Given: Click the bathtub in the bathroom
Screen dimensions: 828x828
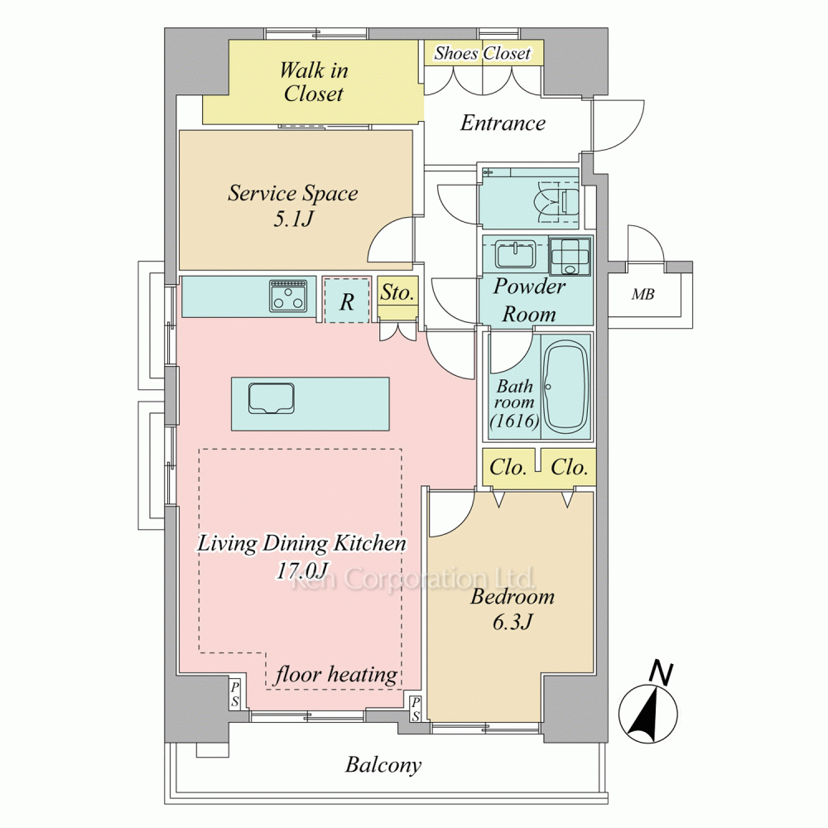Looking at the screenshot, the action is tap(566, 387).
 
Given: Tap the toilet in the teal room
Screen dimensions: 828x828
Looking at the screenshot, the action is tap(557, 202).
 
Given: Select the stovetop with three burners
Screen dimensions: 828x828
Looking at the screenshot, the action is tap(287, 296).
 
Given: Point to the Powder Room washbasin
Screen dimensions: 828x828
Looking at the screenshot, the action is tap(515, 253).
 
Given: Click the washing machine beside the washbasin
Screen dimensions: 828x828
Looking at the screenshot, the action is tap(570, 256).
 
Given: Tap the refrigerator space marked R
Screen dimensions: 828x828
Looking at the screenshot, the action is tap(346, 300).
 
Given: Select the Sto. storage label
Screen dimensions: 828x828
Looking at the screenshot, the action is tap(397, 292).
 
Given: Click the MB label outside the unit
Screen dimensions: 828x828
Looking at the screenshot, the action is tap(643, 294).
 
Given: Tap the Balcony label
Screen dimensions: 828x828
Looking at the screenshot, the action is tap(383, 764).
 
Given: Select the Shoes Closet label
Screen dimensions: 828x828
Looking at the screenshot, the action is tap(482, 53).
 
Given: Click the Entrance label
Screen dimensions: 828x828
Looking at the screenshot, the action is tap(503, 123).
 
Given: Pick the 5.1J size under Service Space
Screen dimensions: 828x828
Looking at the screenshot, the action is tap(294, 218).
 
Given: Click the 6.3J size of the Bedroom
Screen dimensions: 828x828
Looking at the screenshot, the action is tap(513, 622).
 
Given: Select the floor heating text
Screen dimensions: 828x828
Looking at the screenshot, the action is tap(336, 675).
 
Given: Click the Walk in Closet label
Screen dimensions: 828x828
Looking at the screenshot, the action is tap(314, 82).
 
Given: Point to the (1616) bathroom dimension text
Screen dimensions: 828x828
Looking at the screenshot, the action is tap(514, 421).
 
